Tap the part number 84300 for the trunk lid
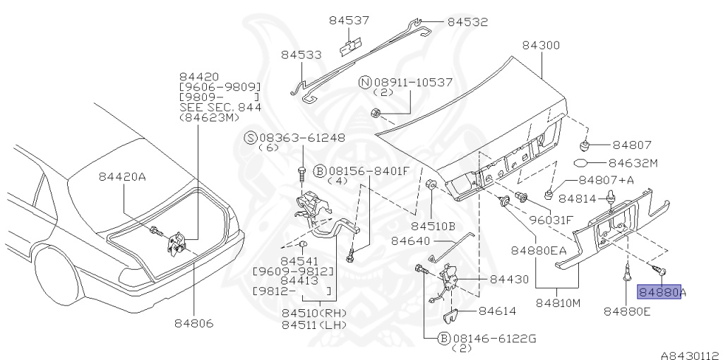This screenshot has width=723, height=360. [x=541, y=45]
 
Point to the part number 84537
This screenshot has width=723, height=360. [x=349, y=20]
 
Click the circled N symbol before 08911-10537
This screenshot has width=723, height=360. [x=365, y=83]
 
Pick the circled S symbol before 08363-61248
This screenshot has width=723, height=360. [x=250, y=138]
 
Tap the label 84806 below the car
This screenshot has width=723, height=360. [x=194, y=323]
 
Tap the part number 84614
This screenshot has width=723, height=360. [x=497, y=311]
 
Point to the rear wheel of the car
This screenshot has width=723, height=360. [x=53, y=272]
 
